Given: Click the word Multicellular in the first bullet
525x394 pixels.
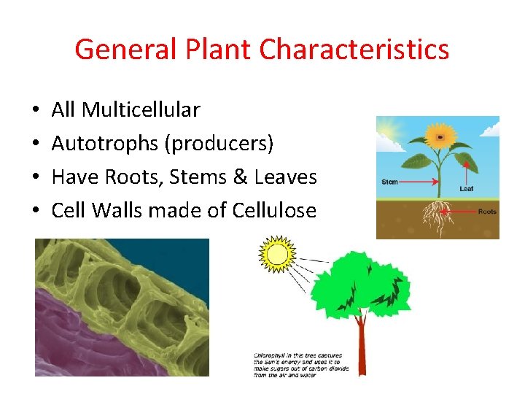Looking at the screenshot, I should (141, 110).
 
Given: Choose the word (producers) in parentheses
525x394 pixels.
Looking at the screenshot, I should (219, 144).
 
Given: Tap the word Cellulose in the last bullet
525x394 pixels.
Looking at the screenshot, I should (274, 211).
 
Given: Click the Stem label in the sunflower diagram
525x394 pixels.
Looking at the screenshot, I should (390, 182).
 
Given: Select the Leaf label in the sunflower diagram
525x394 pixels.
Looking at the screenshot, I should (467, 188).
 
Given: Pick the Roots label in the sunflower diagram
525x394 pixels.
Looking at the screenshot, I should (486, 212).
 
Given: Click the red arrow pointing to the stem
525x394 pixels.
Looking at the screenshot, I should (419, 182).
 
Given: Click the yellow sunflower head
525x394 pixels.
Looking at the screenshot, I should (440, 136).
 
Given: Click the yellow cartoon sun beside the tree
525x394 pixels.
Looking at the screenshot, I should (276, 255).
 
